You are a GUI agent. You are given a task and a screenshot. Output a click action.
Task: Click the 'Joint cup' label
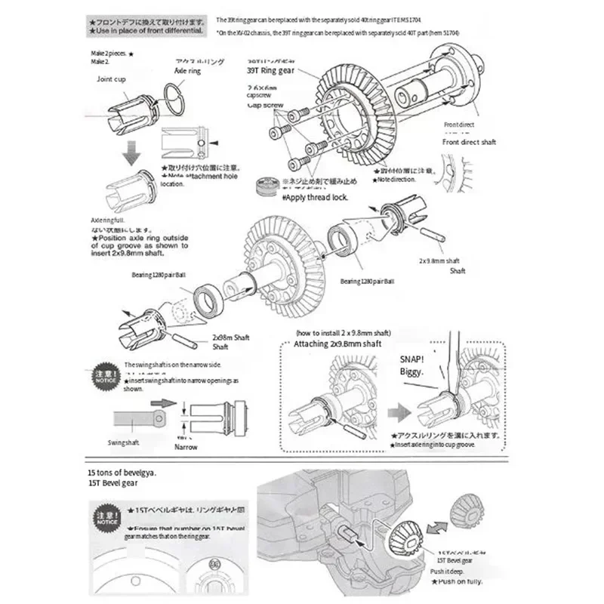point(115,79)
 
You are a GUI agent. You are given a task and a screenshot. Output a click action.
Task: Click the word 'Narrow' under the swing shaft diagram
point(186,447)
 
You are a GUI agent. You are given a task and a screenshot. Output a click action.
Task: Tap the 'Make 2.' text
point(100,61)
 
